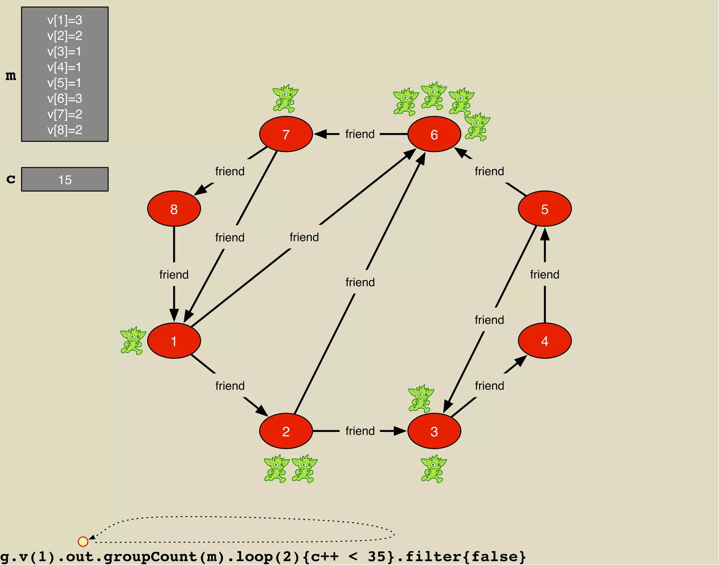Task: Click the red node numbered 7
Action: (x=286, y=134)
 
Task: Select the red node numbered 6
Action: (x=434, y=134)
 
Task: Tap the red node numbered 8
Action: (x=174, y=209)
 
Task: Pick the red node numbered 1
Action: (x=174, y=341)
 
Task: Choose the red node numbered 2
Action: (x=286, y=431)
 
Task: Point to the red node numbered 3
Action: (x=434, y=431)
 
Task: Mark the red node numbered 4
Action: (x=545, y=341)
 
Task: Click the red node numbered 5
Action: (x=545, y=209)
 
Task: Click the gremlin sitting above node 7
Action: (x=285, y=98)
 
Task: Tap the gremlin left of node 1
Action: (x=133, y=341)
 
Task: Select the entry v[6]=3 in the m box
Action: (x=65, y=99)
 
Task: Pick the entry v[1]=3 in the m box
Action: (x=65, y=20)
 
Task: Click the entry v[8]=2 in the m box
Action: (x=65, y=130)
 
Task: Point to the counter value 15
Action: (x=65, y=180)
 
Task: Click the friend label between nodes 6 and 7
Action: (x=360, y=134)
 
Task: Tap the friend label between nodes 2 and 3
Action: (x=360, y=431)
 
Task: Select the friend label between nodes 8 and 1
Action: (x=174, y=274)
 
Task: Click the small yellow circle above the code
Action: (x=83, y=541)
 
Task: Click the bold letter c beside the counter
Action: (x=11, y=179)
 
